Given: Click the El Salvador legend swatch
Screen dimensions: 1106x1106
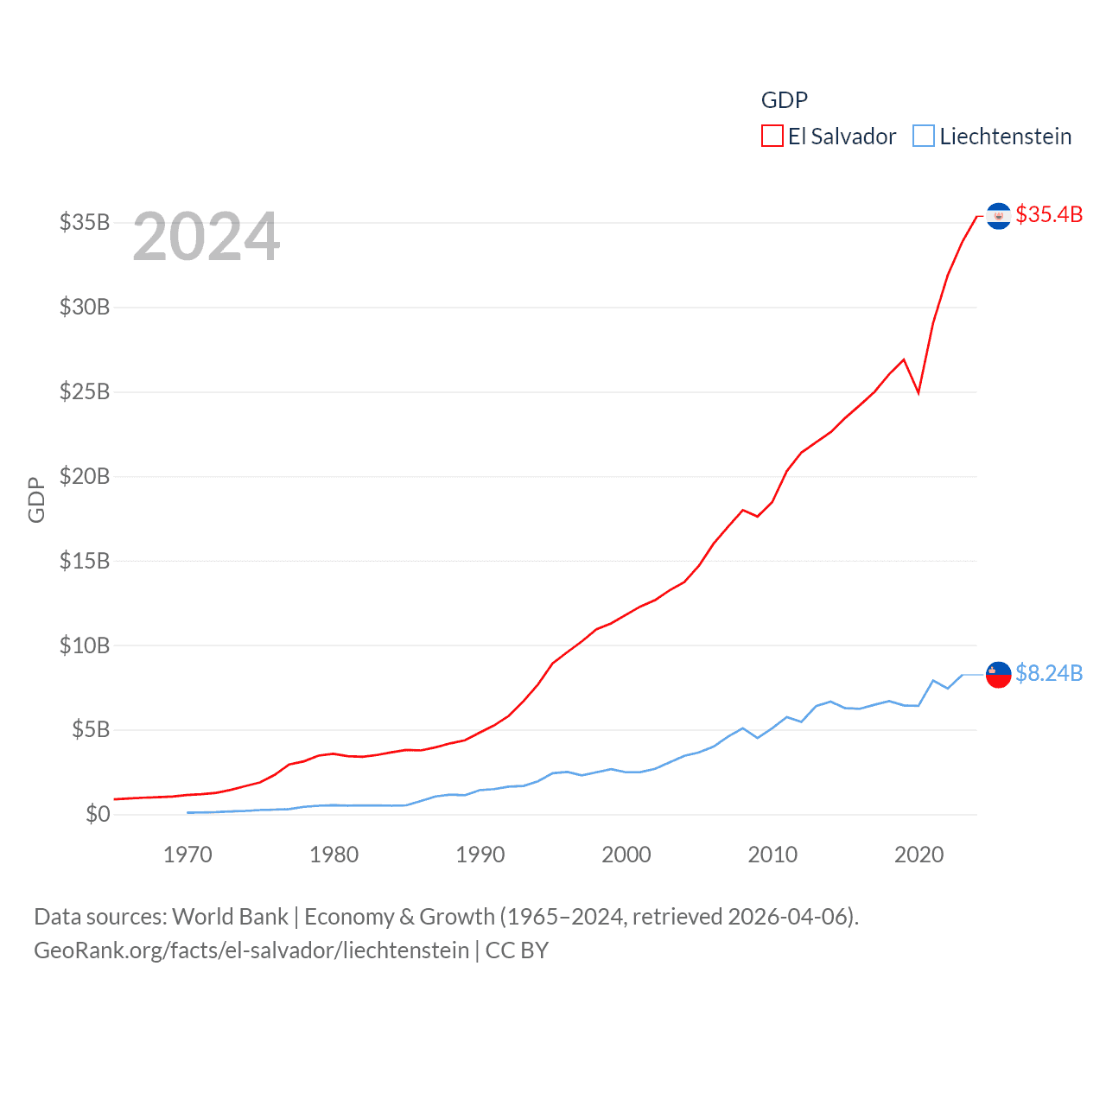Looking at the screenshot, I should point(772,137).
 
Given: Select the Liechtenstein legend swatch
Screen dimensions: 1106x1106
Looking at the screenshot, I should point(924,137).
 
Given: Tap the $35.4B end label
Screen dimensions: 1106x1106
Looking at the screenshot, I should point(1049,214).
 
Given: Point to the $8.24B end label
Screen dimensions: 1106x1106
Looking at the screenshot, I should point(1049,673).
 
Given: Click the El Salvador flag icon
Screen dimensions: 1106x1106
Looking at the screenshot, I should point(999,216).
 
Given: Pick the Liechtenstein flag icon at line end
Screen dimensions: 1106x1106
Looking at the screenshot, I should point(999,675).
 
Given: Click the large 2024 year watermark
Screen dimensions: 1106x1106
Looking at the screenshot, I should point(207,237).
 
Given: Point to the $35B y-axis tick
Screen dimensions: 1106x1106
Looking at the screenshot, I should point(85,223).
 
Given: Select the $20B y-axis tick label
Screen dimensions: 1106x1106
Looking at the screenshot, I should point(85,476).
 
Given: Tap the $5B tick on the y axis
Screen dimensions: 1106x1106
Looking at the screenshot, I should point(90,730).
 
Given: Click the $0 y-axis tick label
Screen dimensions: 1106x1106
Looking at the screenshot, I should point(98,814).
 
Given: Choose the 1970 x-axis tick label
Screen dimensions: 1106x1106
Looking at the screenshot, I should point(188,855).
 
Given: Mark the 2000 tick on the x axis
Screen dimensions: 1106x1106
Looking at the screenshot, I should point(626,855).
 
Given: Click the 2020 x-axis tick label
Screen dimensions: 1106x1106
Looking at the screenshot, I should point(918,855).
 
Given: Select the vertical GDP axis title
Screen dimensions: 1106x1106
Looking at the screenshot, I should point(36,499).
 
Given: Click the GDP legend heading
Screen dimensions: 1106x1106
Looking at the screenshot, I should point(785,100).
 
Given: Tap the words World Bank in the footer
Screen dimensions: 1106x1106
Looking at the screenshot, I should point(231,917).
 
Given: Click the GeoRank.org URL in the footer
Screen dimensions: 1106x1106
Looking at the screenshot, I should point(251,950).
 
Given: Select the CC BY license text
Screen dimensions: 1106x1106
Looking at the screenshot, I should point(517,950).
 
